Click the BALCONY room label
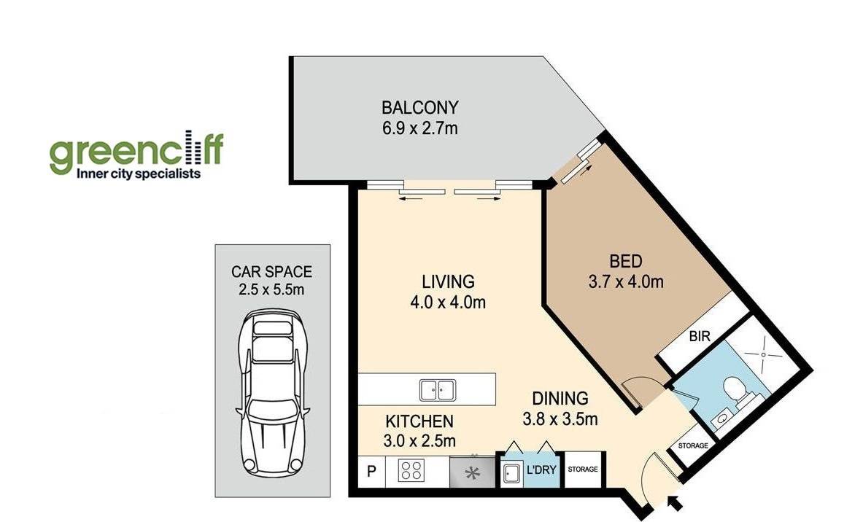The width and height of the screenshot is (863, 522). (x=420, y=106)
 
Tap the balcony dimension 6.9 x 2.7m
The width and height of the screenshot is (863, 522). (x=420, y=129)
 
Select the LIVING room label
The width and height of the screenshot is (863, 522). (x=448, y=281)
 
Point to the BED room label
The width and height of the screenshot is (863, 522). (x=626, y=261)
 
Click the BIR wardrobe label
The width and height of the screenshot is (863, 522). (x=700, y=335)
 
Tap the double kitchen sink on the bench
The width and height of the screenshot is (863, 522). (x=438, y=390)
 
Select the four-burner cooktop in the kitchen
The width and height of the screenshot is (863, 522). (x=411, y=472)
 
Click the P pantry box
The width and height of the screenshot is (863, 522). (x=371, y=472)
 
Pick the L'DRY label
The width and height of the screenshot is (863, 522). (x=541, y=470)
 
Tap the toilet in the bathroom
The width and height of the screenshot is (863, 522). (x=736, y=389)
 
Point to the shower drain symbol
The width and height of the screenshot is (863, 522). (x=763, y=354)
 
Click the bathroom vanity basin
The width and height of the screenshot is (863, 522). (x=721, y=421)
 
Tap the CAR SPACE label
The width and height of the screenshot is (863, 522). (x=271, y=272)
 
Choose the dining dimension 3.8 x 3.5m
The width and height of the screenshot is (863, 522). (x=560, y=420)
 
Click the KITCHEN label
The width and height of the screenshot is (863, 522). (x=419, y=422)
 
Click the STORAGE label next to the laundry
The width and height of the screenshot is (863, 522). (x=582, y=470)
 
